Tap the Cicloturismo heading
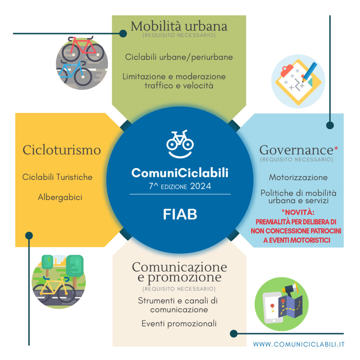point(62,150)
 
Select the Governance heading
point(296,150)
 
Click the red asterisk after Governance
point(336,149)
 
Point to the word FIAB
point(180,214)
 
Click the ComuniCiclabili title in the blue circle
point(180,173)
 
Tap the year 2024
point(200,186)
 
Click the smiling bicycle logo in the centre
point(180,144)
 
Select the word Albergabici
point(60,197)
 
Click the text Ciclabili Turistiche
point(57,177)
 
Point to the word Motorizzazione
point(298,177)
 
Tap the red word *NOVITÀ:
point(298,212)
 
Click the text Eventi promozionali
point(179,323)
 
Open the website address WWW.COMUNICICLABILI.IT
point(299,345)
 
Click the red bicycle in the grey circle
point(83,49)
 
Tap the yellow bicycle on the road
point(54,290)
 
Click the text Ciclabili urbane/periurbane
point(179,57)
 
